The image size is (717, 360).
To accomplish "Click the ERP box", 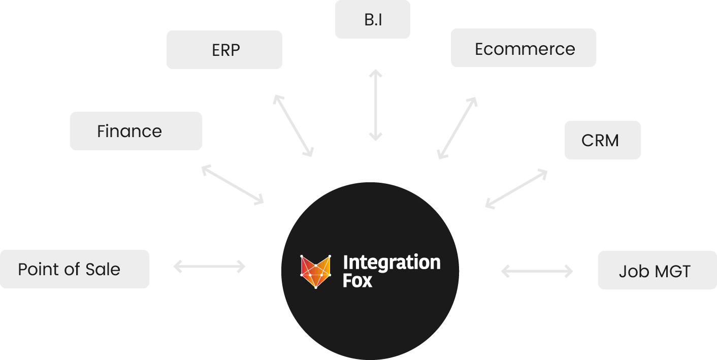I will coord(224,50).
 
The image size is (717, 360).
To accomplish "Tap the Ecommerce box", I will coord(524,48).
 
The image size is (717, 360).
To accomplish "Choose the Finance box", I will coord(136,131).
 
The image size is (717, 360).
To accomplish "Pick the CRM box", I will coord(602,140).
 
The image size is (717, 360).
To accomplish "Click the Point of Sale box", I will coord(74,269).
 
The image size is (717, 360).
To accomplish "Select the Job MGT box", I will coord(657,271).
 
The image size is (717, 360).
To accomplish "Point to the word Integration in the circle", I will coord(392,263).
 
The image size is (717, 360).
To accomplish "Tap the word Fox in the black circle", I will coord(357,281).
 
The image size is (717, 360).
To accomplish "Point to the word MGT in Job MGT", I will coord(672,271).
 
